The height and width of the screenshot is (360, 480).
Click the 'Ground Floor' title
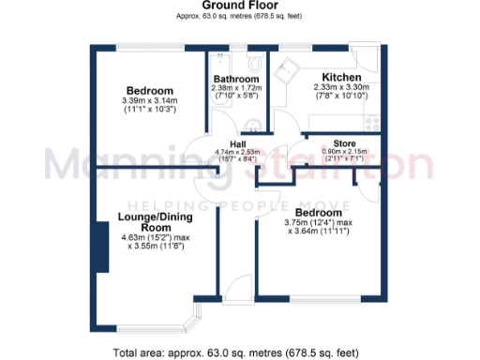(240, 6)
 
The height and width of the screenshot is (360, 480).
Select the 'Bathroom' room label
(236, 79)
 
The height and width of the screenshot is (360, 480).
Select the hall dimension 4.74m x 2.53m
(225, 156)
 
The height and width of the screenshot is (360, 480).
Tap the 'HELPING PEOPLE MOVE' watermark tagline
(240, 205)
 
